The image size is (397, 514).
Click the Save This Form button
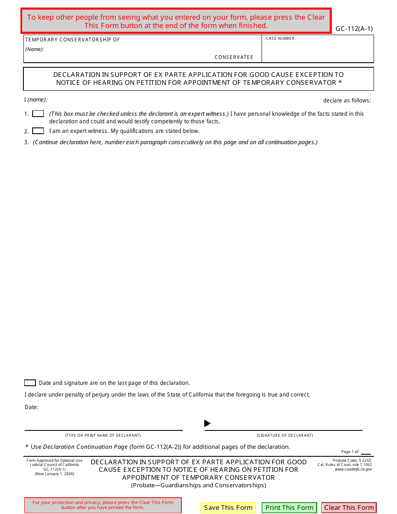tap(228, 507)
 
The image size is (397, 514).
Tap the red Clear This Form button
tap(349, 507)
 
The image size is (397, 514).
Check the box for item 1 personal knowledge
tap(38, 114)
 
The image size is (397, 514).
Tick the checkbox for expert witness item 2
tap(38, 131)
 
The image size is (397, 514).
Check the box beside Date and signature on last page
tap(30, 383)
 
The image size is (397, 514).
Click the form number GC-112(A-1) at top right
tap(354, 29)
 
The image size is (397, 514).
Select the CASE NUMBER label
tap(281, 38)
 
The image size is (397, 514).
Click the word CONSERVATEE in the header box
tap(234, 57)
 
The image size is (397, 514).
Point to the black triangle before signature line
tap(207, 423)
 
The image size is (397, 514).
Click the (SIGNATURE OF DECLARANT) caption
tap(285, 435)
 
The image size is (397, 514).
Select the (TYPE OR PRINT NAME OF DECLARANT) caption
tap(103, 435)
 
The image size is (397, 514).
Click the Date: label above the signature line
tap(31, 407)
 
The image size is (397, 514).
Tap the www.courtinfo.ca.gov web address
tap(353, 469)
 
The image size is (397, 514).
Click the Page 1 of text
tap(350, 452)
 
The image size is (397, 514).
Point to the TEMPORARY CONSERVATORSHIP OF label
tap(73, 40)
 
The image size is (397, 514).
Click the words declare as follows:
tap(347, 100)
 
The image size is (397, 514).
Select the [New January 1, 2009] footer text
tap(55, 474)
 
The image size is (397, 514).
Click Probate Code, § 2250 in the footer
tap(352, 461)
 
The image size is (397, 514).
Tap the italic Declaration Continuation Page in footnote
tap(85, 447)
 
